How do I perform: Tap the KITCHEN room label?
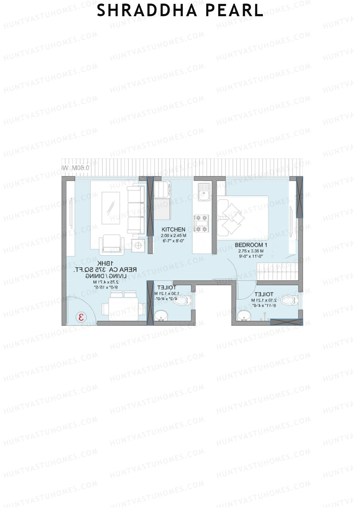pyautogui.click(x=173, y=230)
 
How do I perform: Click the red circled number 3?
pyautogui.click(x=81, y=317)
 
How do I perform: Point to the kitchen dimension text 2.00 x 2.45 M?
pyautogui.click(x=173, y=236)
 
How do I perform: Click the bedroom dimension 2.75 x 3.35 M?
pyautogui.click(x=251, y=251)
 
